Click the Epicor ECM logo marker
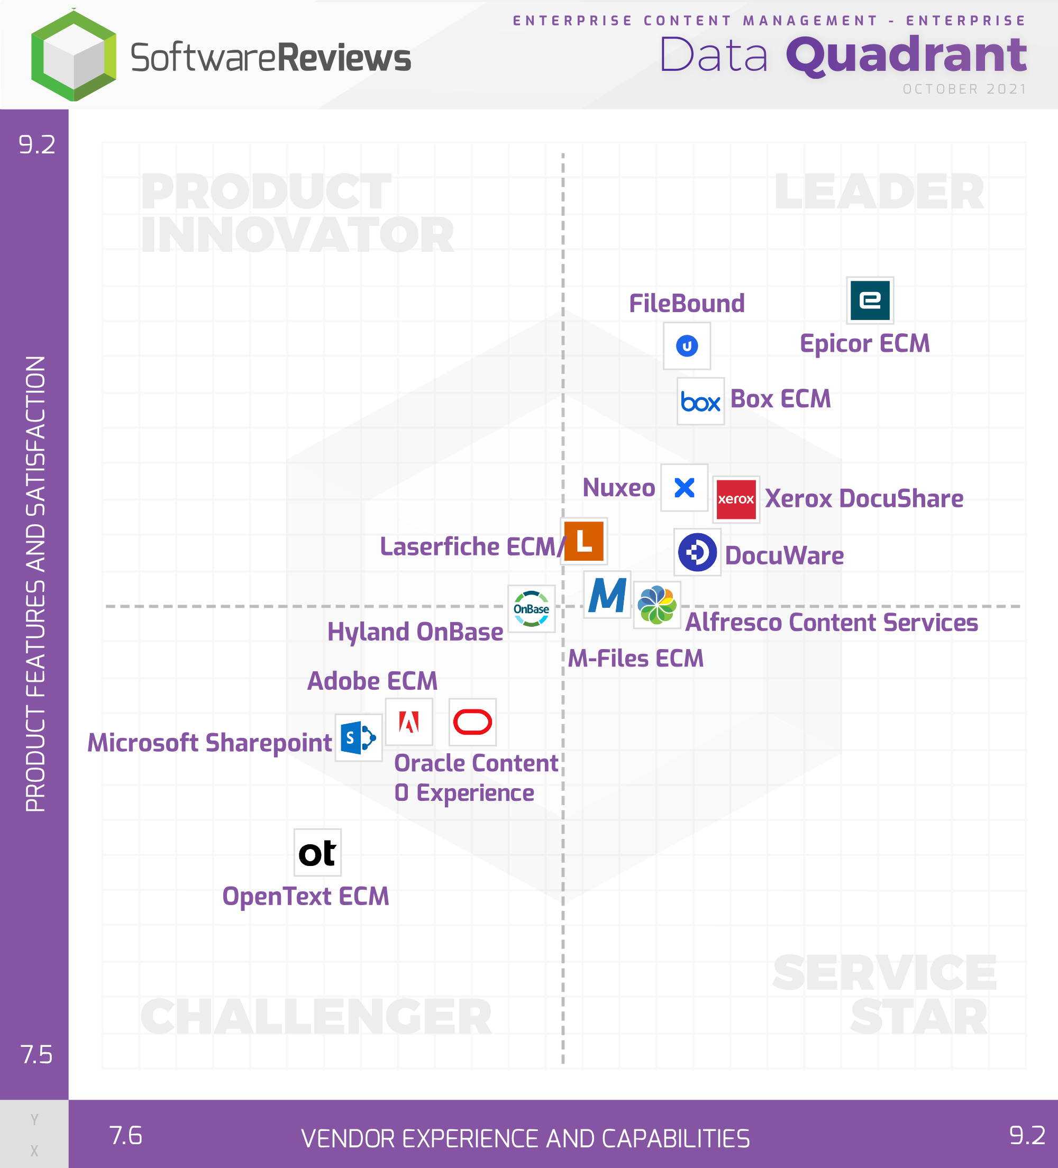click(x=870, y=300)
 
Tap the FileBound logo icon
click(x=687, y=346)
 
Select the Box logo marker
click(x=700, y=401)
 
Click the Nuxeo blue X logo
click(x=685, y=487)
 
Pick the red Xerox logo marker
click(x=736, y=499)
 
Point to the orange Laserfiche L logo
click(x=584, y=541)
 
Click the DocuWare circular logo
click(x=698, y=552)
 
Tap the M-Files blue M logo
click(x=607, y=595)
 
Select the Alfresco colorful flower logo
click(x=656, y=605)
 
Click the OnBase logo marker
click(x=531, y=608)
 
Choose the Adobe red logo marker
click(x=409, y=722)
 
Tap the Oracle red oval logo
click(x=472, y=722)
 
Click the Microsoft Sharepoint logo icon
click(x=358, y=737)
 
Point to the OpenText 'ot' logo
click(x=317, y=852)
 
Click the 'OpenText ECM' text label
click(x=305, y=896)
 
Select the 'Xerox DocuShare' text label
click(x=864, y=499)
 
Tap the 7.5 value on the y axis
click(x=37, y=1054)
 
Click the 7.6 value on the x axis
click(x=126, y=1136)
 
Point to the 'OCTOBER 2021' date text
click(x=965, y=89)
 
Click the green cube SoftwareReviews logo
click(x=74, y=56)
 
